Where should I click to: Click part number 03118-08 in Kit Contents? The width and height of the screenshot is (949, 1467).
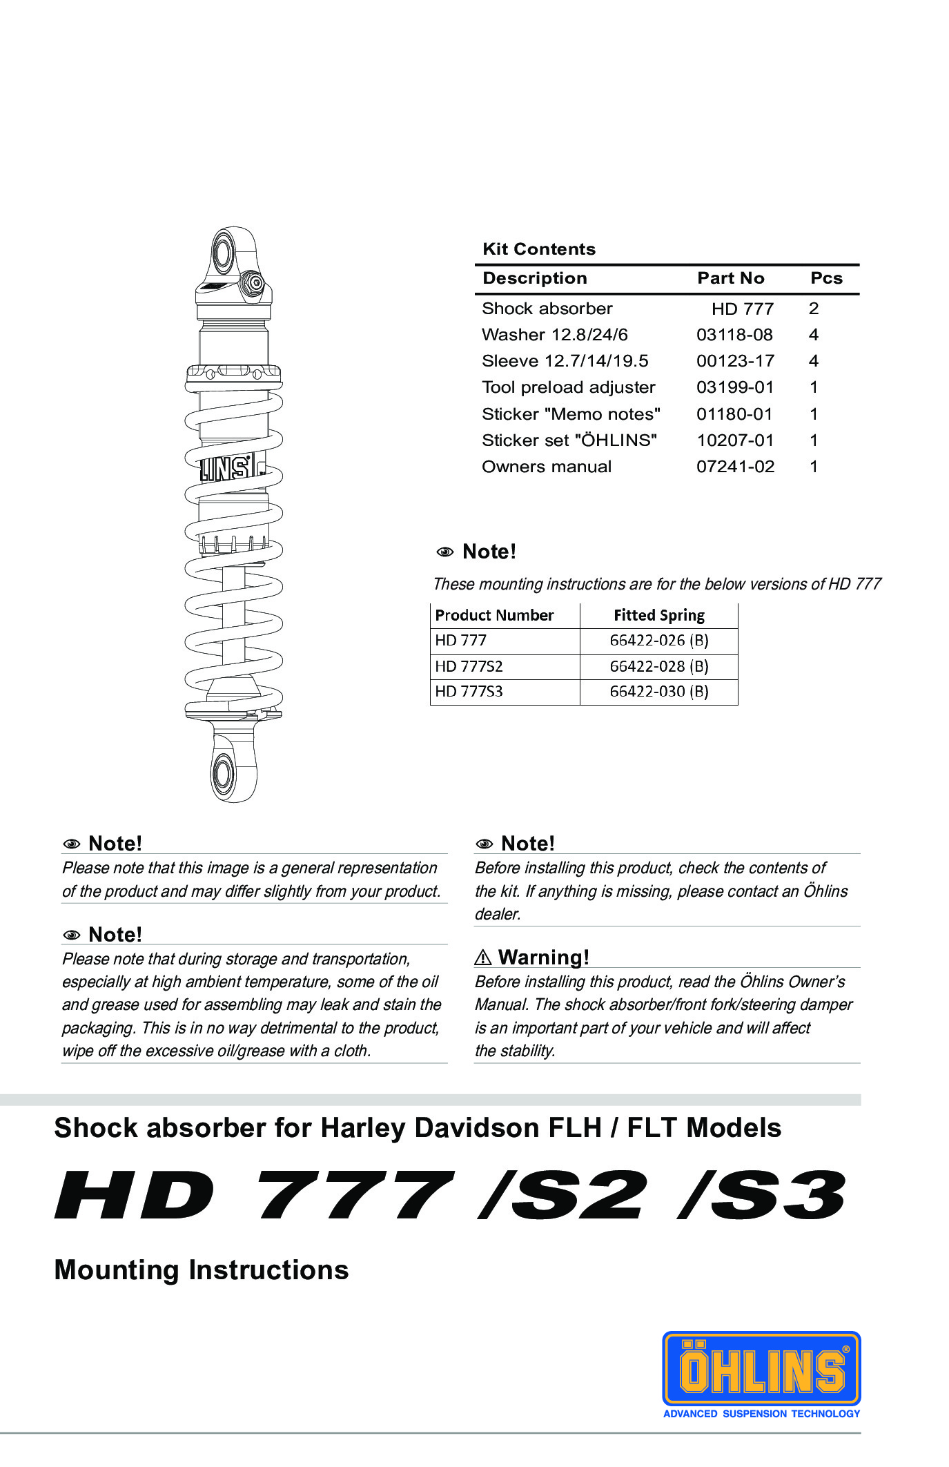tap(734, 335)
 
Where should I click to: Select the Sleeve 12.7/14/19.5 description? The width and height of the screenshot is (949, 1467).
tap(565, 361)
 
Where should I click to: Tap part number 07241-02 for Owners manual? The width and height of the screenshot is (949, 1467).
tap(735, 467)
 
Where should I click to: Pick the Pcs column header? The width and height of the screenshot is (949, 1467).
tap(826, 278)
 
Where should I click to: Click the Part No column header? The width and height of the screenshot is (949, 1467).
tap(730, 278)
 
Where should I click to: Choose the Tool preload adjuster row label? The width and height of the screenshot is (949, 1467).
tap(568, 387)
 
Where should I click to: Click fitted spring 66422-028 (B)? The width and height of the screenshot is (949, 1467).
tap(658, 666)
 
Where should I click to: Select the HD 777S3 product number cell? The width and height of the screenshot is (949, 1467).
tap(469, 691)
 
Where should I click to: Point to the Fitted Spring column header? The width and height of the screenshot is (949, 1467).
tap(658, 615)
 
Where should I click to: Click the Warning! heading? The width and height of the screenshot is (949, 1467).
tap(543, 958)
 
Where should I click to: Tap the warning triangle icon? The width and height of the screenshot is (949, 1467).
tap(483, 958)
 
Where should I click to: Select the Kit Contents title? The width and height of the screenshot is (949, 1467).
tap(538, 249)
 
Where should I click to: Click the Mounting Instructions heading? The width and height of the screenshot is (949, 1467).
tap(201, 1270)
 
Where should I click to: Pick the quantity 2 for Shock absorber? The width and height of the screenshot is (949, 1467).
tap(814, 309)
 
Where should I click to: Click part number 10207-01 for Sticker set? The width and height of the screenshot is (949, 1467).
tap(735, 440)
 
